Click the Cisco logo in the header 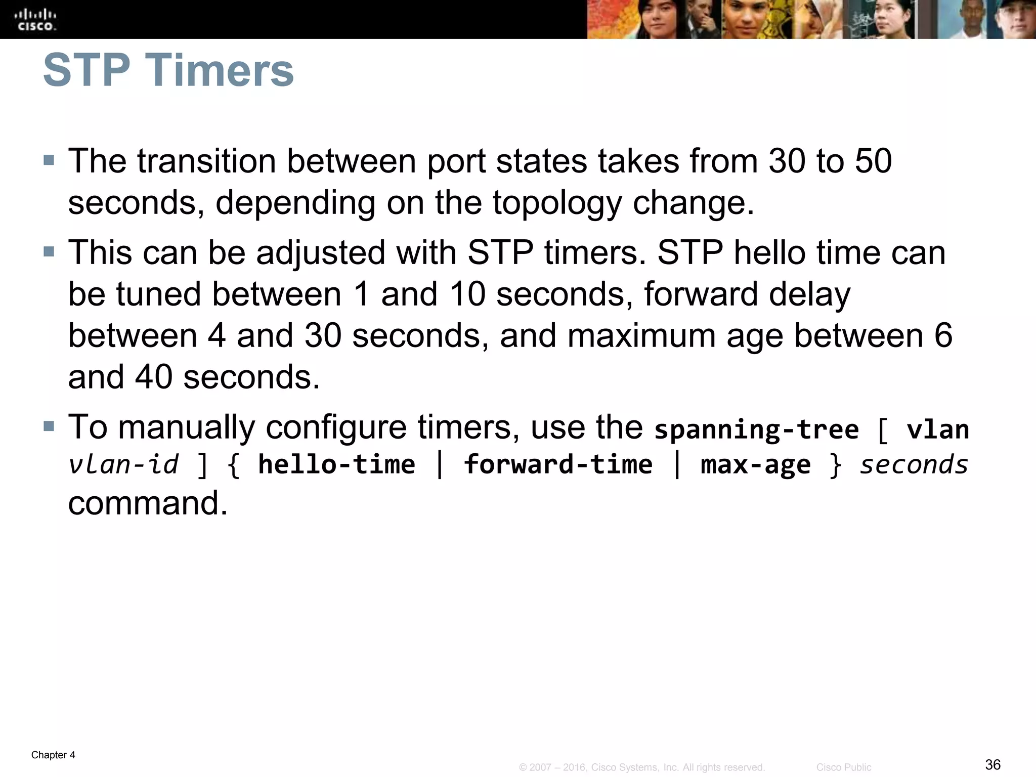tap(36, 19)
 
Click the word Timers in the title tap(220, 70)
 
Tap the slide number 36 tap(992, 764)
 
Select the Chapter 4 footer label tap(53, 755)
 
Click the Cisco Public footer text tap(843, 767)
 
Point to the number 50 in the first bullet tap(873, 161)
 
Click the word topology tap(556, 203)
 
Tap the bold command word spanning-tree tap(756, 429)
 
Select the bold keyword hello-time tap(336, 464)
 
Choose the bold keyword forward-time tap(558, 464)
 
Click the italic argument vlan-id tap(123, 464)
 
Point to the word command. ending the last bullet tap(148, 503)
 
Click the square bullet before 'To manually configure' tap(49, 426)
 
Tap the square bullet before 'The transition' tap(49, 161)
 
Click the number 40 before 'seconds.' tap(153, 377)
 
